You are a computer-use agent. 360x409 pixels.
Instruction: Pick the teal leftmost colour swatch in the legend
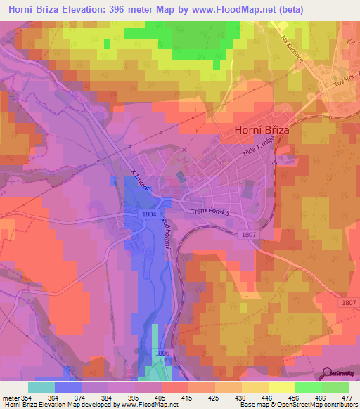coord(41,387)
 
